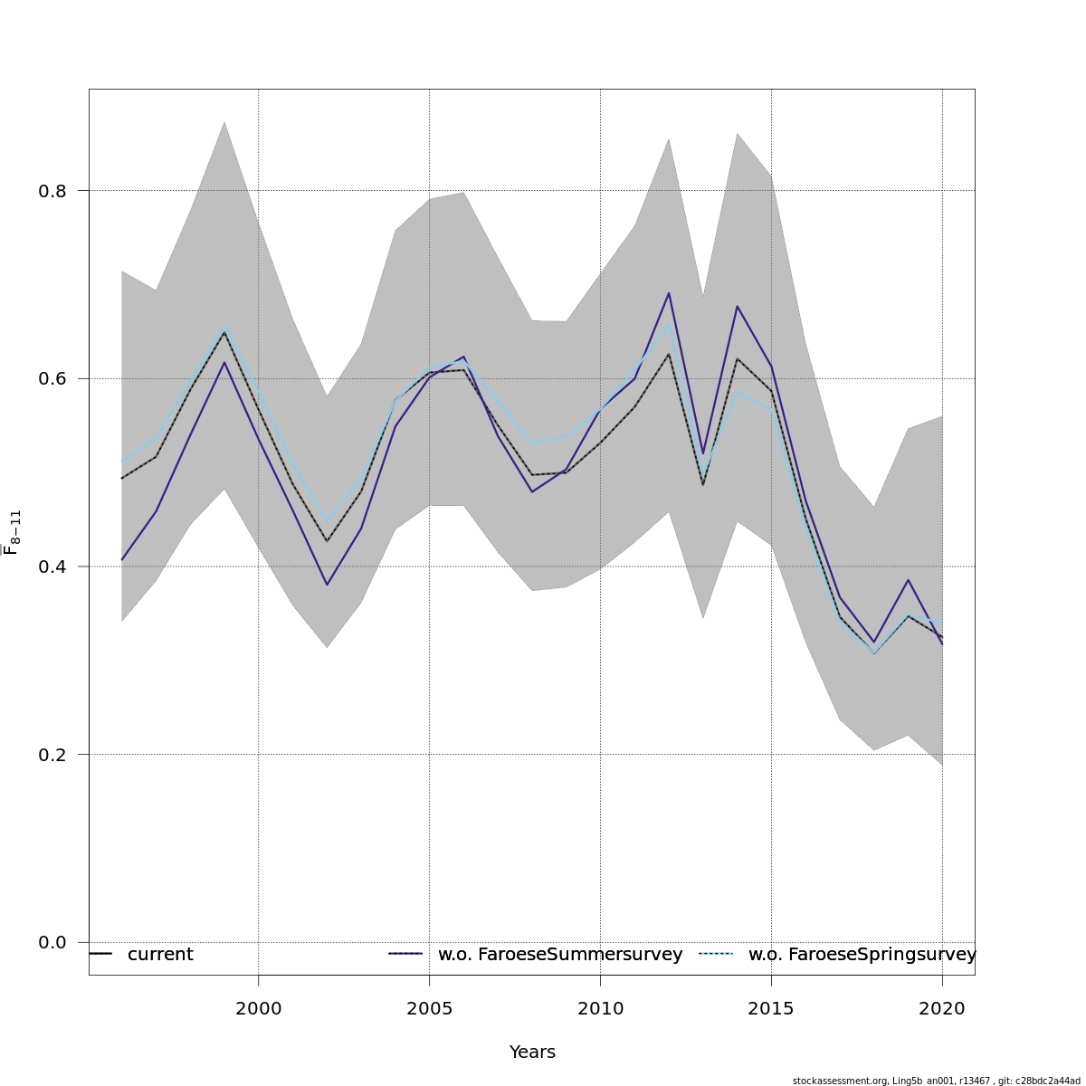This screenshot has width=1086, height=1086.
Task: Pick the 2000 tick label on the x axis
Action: point(259,1008)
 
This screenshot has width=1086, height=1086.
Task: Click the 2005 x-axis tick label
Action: point(429,1008)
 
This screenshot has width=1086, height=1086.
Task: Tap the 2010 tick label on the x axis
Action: point(600,1008)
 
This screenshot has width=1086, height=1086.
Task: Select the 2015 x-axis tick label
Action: point(771,1008)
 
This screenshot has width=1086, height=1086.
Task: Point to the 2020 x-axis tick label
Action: point(942,1008)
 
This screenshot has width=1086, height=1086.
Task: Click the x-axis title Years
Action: point(532,1053)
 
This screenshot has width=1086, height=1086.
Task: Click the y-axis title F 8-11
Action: point(12,531)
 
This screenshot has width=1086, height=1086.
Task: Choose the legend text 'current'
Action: point(160,955)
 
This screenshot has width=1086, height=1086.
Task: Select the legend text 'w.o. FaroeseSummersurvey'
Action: point(560,955)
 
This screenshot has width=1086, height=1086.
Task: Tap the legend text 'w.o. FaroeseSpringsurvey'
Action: point(862,955)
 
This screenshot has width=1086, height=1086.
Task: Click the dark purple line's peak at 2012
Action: point(669,292)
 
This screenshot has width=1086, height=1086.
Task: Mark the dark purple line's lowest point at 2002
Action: point(327,585)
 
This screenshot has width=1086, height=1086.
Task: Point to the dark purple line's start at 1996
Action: point(122,560)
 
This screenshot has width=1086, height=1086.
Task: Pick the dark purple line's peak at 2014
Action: point(738,306)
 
